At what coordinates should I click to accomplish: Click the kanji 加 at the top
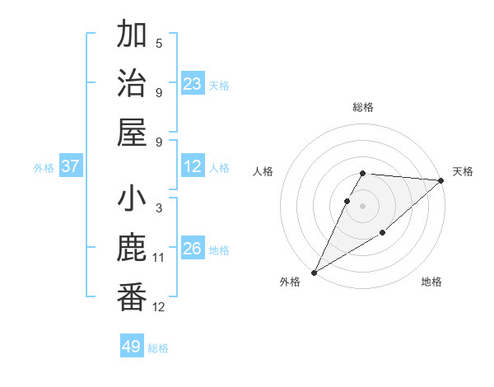click(132, 35)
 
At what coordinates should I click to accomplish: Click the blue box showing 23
click(193, 84)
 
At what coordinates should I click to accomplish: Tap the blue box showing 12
click(193, 167)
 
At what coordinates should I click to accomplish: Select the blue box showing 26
click(193, 249)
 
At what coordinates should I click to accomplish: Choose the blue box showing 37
click(71, 167)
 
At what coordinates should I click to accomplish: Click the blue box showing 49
click(132, 347)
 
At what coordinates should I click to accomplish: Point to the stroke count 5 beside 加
click(159, 43)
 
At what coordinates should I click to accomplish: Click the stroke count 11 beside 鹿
click(159, 258)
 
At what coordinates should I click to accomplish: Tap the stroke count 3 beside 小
click(159, 208)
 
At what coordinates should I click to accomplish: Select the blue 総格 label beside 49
click(158, 348)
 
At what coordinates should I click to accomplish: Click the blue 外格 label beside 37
click(44, 168)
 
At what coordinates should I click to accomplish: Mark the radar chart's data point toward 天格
click(441, 181)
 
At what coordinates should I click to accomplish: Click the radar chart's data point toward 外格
click(314, 272)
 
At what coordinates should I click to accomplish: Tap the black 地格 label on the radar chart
click(431, 282)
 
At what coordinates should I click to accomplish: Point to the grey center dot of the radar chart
click(362, 206)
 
